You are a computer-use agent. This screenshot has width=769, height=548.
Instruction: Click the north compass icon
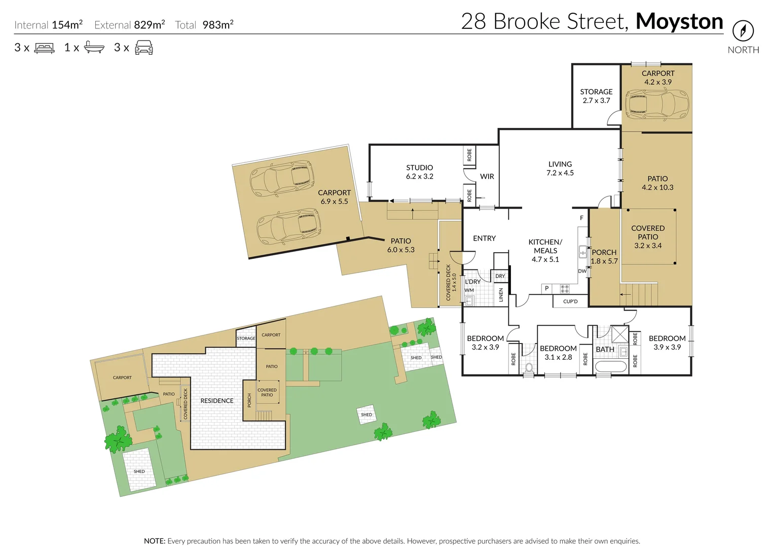pos(743,31)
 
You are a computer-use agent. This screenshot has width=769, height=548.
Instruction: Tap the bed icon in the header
pos(44,48)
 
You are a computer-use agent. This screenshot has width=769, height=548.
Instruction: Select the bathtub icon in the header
pos(94,48)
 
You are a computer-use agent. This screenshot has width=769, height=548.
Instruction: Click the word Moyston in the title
pos(679,21)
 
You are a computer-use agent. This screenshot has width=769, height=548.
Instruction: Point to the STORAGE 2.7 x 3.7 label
pos(596,96)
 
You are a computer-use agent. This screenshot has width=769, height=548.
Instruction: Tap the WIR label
pos(487,177)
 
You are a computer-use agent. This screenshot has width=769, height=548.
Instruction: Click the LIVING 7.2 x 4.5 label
pos(560,168)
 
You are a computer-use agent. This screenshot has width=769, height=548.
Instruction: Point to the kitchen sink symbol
pos(583,252)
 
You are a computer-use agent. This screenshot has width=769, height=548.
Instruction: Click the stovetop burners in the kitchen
pos(564,289)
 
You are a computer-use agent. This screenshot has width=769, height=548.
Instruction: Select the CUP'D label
pos(570,301)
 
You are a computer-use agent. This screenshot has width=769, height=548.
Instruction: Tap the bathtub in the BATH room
pos(610,366)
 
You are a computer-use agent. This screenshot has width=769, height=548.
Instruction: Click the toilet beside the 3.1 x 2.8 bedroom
pos(528,368)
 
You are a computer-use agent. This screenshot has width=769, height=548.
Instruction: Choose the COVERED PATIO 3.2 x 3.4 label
pos(647,237)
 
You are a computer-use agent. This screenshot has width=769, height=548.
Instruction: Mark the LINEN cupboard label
pos(501,295)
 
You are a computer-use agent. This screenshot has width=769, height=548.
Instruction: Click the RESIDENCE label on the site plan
pos(216,401)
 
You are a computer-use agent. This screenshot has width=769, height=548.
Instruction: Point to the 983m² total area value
pos(217,25)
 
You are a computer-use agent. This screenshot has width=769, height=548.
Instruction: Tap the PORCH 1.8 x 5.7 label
pos(604,257)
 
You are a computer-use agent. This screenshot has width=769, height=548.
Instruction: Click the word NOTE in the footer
pos(154,541)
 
